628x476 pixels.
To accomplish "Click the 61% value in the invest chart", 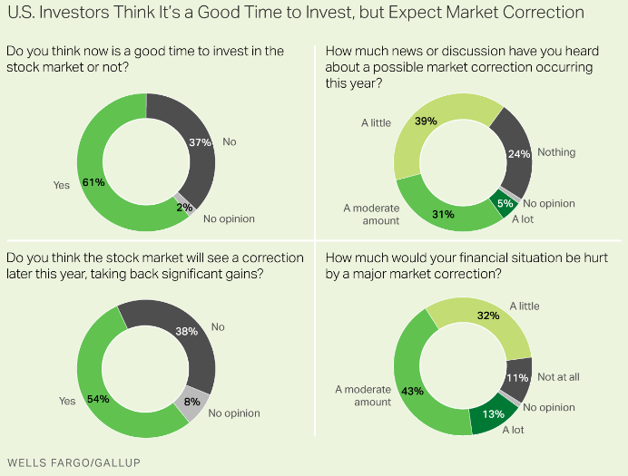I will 93,182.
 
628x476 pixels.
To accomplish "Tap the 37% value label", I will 201,142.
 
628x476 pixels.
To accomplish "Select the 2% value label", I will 183,208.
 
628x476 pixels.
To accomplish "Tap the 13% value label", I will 493,414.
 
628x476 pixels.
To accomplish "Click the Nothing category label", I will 556,152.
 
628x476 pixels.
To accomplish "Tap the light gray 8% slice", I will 192,405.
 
